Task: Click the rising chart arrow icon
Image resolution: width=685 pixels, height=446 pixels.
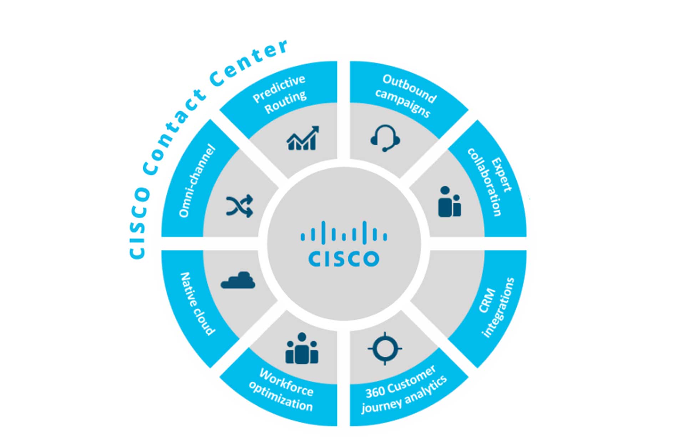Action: tap(303, 138)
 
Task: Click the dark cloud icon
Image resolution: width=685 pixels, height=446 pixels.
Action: tap(238, 280)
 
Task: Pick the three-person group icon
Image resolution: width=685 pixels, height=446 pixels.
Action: tap(301, 349)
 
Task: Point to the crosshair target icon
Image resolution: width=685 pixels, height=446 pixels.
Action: tap(385, 348)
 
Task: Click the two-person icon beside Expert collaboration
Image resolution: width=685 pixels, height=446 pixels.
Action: tap(449, 202)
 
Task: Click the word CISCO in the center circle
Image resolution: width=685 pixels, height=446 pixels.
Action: tap(344, 259)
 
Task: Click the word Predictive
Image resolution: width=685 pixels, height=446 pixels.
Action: tap(279, 88)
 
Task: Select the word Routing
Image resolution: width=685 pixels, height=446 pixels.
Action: tap(285, 102)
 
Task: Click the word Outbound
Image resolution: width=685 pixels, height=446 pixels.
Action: tap(410, 88)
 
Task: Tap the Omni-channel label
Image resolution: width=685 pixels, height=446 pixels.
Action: tap(197, 181)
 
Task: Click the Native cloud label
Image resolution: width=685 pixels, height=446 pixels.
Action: tap(198, 304)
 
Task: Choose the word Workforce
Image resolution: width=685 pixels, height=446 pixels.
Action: tap(286, 382)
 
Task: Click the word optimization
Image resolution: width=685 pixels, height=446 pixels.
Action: tap(280, 396)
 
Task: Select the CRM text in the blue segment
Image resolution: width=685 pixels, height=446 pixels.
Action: tap(487, 300)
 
